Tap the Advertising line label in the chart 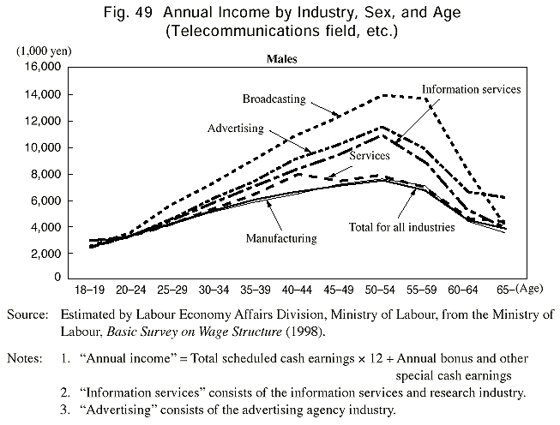236,129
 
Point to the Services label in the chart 370,156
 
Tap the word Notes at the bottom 23,358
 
